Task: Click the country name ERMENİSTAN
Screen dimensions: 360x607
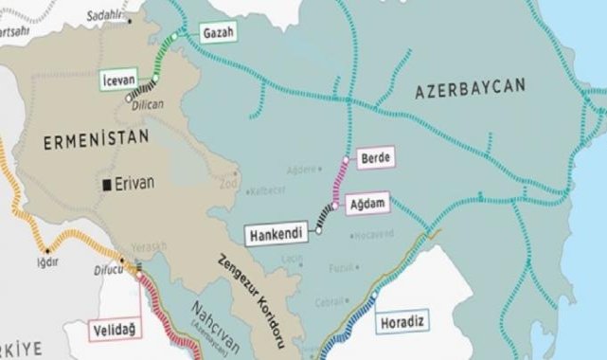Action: (86, 142)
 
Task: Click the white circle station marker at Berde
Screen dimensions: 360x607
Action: (347, 159)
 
